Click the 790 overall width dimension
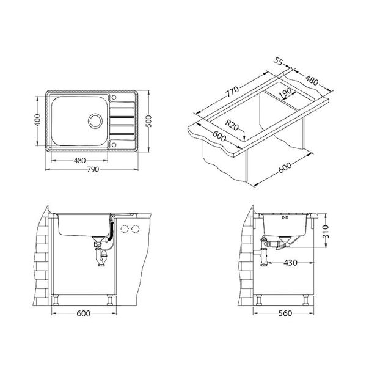(93, 169)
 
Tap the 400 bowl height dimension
(37, 120)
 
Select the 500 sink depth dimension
(148, 122)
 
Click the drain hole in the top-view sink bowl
(95, 121)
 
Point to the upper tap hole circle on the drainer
(114, 97)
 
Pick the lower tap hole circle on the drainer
(114, 145)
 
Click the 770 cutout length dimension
(232, 92)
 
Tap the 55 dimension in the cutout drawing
(278, 62)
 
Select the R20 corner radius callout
(232, 125)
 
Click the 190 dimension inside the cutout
(285, 93)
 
